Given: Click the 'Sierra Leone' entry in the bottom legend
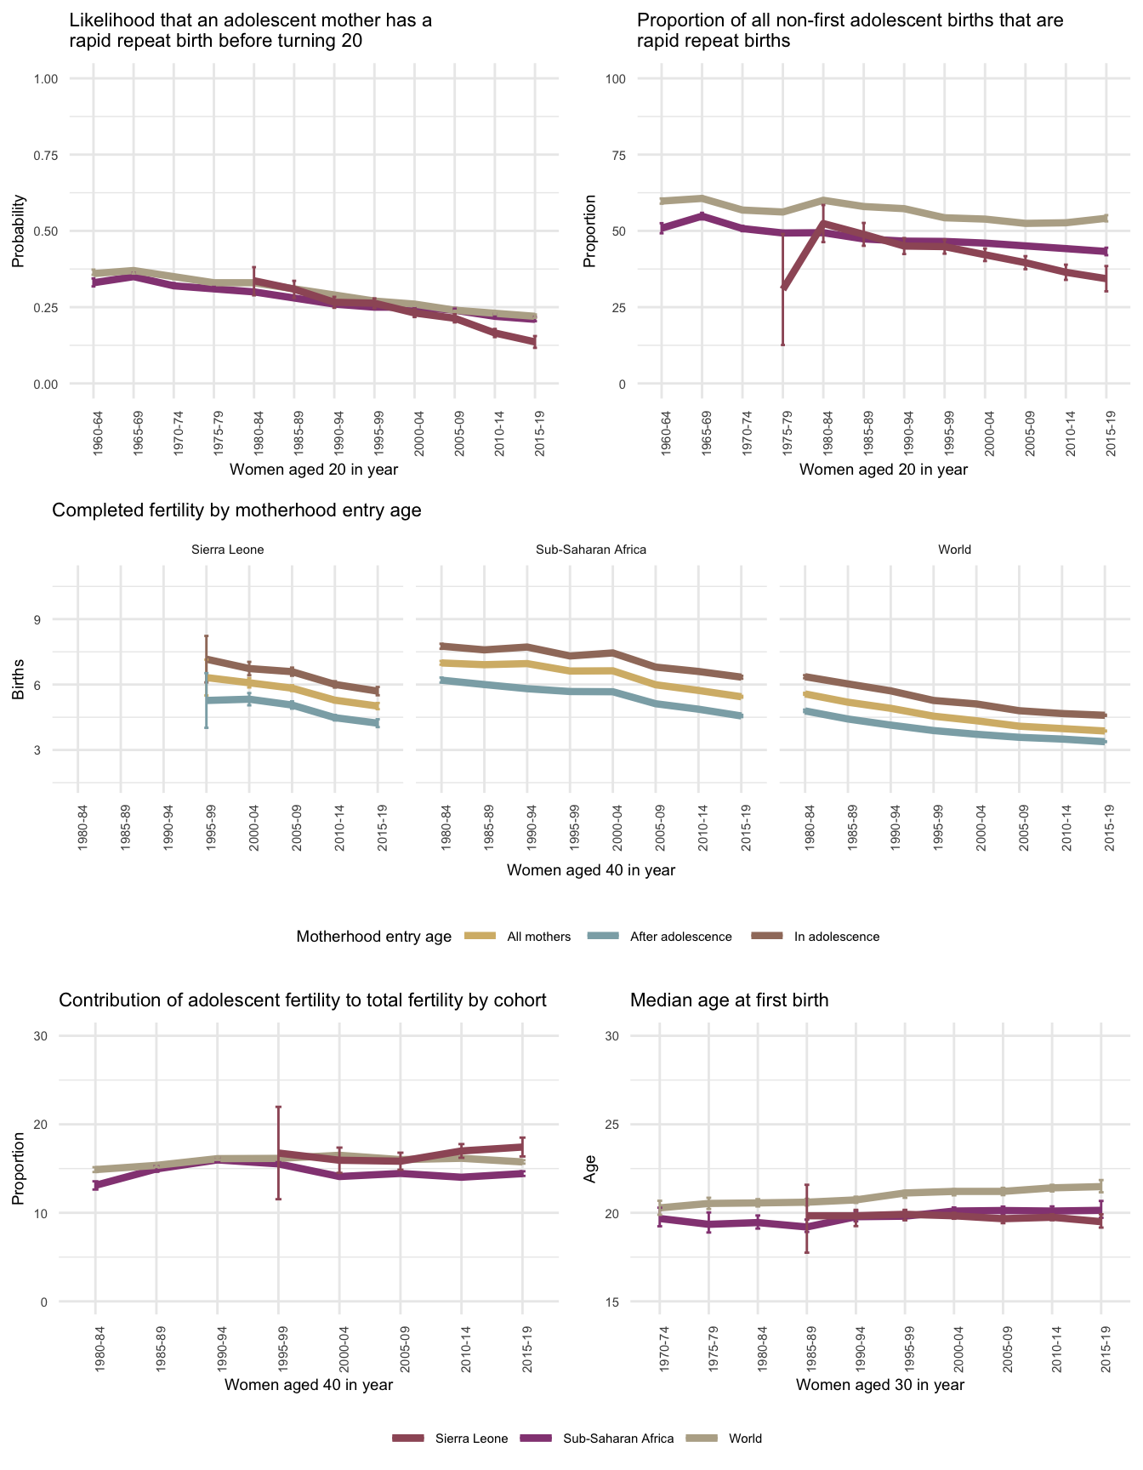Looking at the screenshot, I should tap(471, 1439).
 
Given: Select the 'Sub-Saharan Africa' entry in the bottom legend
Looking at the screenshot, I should tap(618, 1439).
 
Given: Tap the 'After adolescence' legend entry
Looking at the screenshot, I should tap(680, 937).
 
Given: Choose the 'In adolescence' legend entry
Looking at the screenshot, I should tap(836, 937).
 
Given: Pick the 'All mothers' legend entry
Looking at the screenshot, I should tap(538, 937).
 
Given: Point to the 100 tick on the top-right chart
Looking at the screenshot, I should tap(615, 79).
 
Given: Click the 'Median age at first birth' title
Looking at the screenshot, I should tap(729, 1000).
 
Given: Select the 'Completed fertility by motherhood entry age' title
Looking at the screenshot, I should tap(236, 510).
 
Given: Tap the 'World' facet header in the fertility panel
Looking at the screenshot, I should tap(954, 550).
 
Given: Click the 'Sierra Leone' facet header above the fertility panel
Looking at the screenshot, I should tap(228, 550).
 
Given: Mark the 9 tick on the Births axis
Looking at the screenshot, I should tap(37, 619).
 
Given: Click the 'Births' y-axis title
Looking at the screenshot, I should tap(18, 685).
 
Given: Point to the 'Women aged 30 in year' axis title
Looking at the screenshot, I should tap(880, 1384).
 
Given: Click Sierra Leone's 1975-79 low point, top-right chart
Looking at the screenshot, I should tap(783, 288).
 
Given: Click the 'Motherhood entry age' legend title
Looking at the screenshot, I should tap(373, 937).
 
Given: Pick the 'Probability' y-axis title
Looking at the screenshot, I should tap(18, 231).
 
